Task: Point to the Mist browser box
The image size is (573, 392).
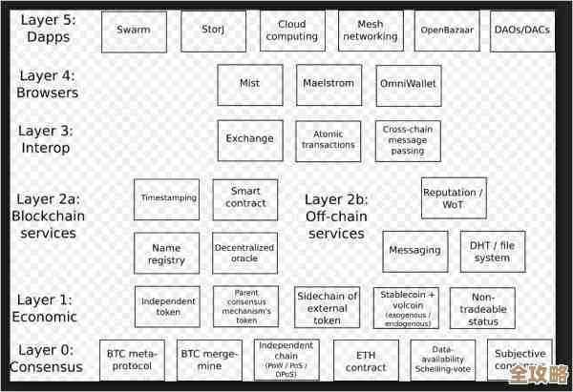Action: (250, 84)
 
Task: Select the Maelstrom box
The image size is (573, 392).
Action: (329, 84)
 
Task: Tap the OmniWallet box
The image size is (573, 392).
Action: (409, 84)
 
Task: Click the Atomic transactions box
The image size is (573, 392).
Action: (329, 139)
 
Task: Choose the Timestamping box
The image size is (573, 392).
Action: (167, 198)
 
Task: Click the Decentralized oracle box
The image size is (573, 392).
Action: (244, 254)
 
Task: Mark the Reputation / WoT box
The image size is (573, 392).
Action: (454, 198)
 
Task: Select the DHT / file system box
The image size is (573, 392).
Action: (492, 252)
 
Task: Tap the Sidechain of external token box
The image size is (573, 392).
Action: (328, 307)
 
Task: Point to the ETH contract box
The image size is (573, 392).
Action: (366, 361)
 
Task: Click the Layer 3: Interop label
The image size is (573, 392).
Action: (46, 139)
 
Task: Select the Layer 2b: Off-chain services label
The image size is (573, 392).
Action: (336, 217)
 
